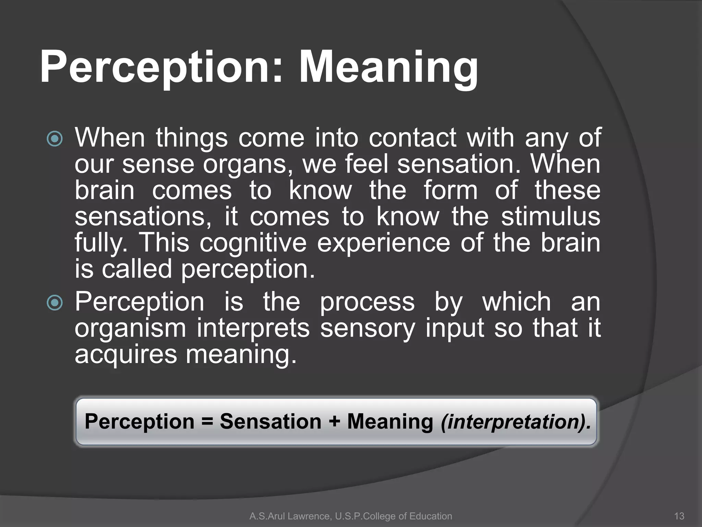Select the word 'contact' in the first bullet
coord(412,138)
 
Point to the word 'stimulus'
coord(550,217)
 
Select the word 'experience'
coord(383,244)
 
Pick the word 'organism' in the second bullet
coord(130,329)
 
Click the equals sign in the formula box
coord(207,421)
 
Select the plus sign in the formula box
coord(334,421)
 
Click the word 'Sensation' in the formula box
coord(270,421)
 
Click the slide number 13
coord(679,516)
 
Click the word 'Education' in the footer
coord(431,516)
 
